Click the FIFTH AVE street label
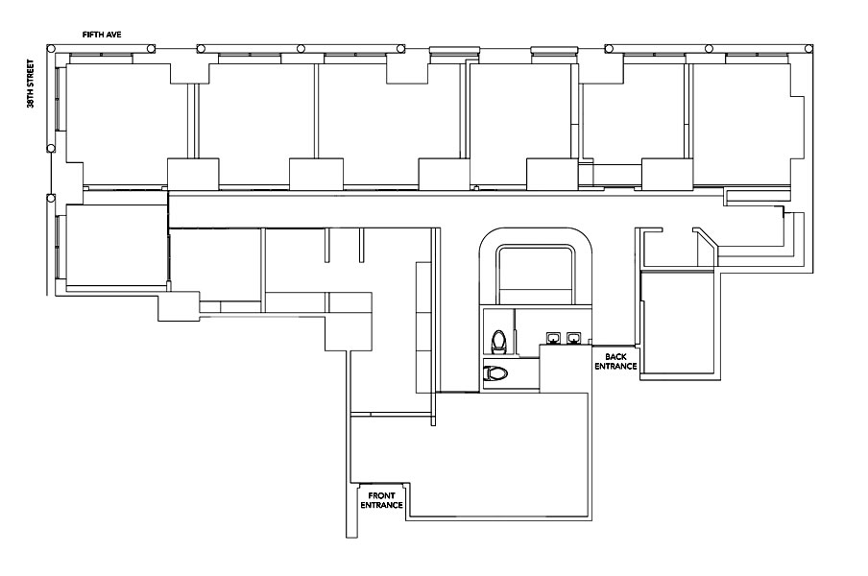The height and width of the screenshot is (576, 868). pos(102,35)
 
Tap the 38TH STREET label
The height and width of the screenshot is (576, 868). pos(31,84)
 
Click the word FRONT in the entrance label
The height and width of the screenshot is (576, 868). pos(381,496)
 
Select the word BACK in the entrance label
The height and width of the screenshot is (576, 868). pos(615,357)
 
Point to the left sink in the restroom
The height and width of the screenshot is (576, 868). pos(553,338)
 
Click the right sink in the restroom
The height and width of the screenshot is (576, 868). pos(572,338)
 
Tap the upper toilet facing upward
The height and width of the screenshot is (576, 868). pos(499,342)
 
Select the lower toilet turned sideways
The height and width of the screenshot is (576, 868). pos(495,373)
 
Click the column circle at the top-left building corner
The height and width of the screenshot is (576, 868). pos(52,49)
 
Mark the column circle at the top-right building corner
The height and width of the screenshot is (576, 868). pos(808,49)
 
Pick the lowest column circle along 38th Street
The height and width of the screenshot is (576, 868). pos(52,198)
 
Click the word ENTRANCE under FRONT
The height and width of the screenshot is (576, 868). pos(381,505)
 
